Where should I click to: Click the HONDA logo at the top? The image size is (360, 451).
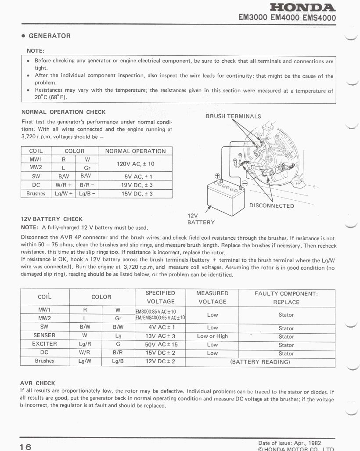pos(303,7)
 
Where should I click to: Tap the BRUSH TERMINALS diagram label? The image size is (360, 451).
pos(233,116)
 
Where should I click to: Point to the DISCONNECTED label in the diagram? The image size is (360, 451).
pos(271,206)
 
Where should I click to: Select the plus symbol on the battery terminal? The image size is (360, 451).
pos(217,176)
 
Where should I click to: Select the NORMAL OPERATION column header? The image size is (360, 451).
pos(135,151)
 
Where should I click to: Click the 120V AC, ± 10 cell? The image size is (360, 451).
pos(135,163)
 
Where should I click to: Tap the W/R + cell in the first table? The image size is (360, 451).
pos(63,185)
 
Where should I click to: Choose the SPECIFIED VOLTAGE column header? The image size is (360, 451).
pos(160,297)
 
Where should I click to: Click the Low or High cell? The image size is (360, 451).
pos(212,336)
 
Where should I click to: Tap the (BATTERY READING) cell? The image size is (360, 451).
pos(260,362)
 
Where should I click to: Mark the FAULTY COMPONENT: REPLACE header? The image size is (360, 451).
pos(286,298)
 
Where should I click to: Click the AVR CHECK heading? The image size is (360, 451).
pos(38,383)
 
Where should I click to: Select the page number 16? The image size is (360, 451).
pos(25,447)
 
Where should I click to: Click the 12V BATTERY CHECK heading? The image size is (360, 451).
pos(52,219)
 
